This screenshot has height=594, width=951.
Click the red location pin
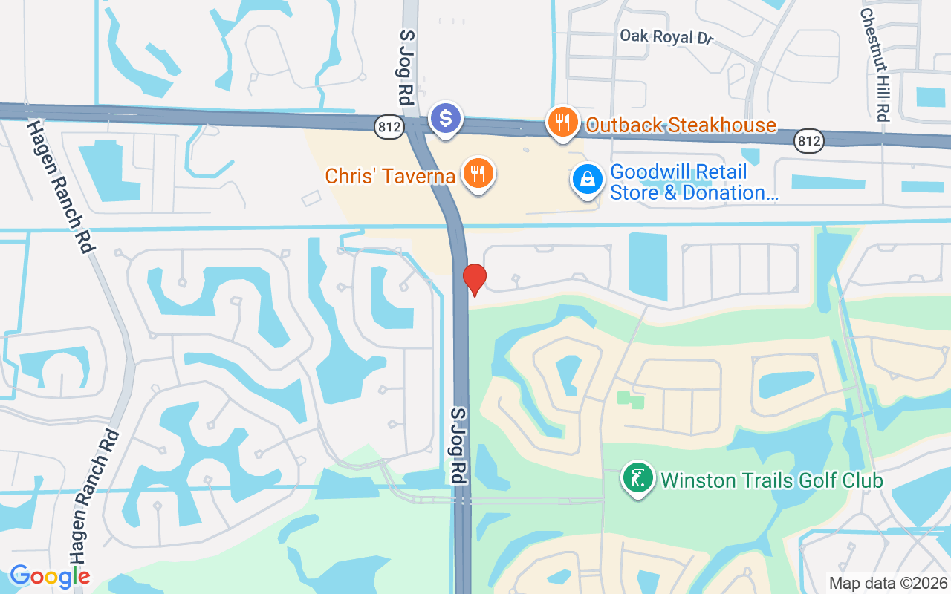coord(474,278)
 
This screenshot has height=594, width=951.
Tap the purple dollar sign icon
coord(446,118)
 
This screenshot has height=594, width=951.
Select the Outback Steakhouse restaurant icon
coord(562,121)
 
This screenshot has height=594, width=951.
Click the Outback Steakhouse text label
coord(681,125)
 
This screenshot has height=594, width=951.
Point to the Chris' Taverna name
coord(390,177)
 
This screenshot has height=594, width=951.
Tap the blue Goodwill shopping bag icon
coord(588,180)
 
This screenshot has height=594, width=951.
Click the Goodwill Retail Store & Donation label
coord(693,183)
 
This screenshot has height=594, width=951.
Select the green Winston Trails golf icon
coord(637,477)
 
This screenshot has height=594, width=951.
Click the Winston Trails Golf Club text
coord(771,480)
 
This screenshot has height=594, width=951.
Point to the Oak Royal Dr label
coord(666,36)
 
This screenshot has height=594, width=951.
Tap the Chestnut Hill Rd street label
coord(874,64)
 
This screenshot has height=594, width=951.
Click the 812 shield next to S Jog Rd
coord(390,128)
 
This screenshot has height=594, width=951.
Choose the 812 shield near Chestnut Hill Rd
coord(808,140)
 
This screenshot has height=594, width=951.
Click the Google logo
coord(50,575)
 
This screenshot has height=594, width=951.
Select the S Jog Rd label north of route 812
coord(406,66)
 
